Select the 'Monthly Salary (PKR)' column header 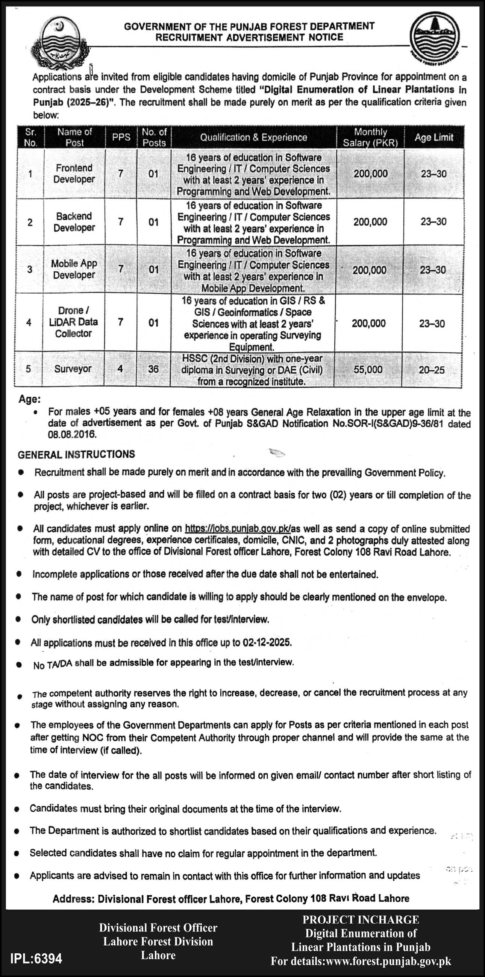(370, 137)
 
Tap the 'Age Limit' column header (434, 137)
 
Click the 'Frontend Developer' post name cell (74, 173)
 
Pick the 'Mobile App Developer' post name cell (74, 269)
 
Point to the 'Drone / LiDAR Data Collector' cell (74, 322)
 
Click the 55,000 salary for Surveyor (368, 369)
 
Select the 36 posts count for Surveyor (153, 369)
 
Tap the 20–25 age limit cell (432, 370)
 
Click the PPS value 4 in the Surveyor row (120, 369)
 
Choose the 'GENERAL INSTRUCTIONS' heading (76, 454)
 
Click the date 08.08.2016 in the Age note (72, 435)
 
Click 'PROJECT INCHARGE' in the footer (360, 920)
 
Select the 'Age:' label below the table (30, 399)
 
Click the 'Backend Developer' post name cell (74, 221)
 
